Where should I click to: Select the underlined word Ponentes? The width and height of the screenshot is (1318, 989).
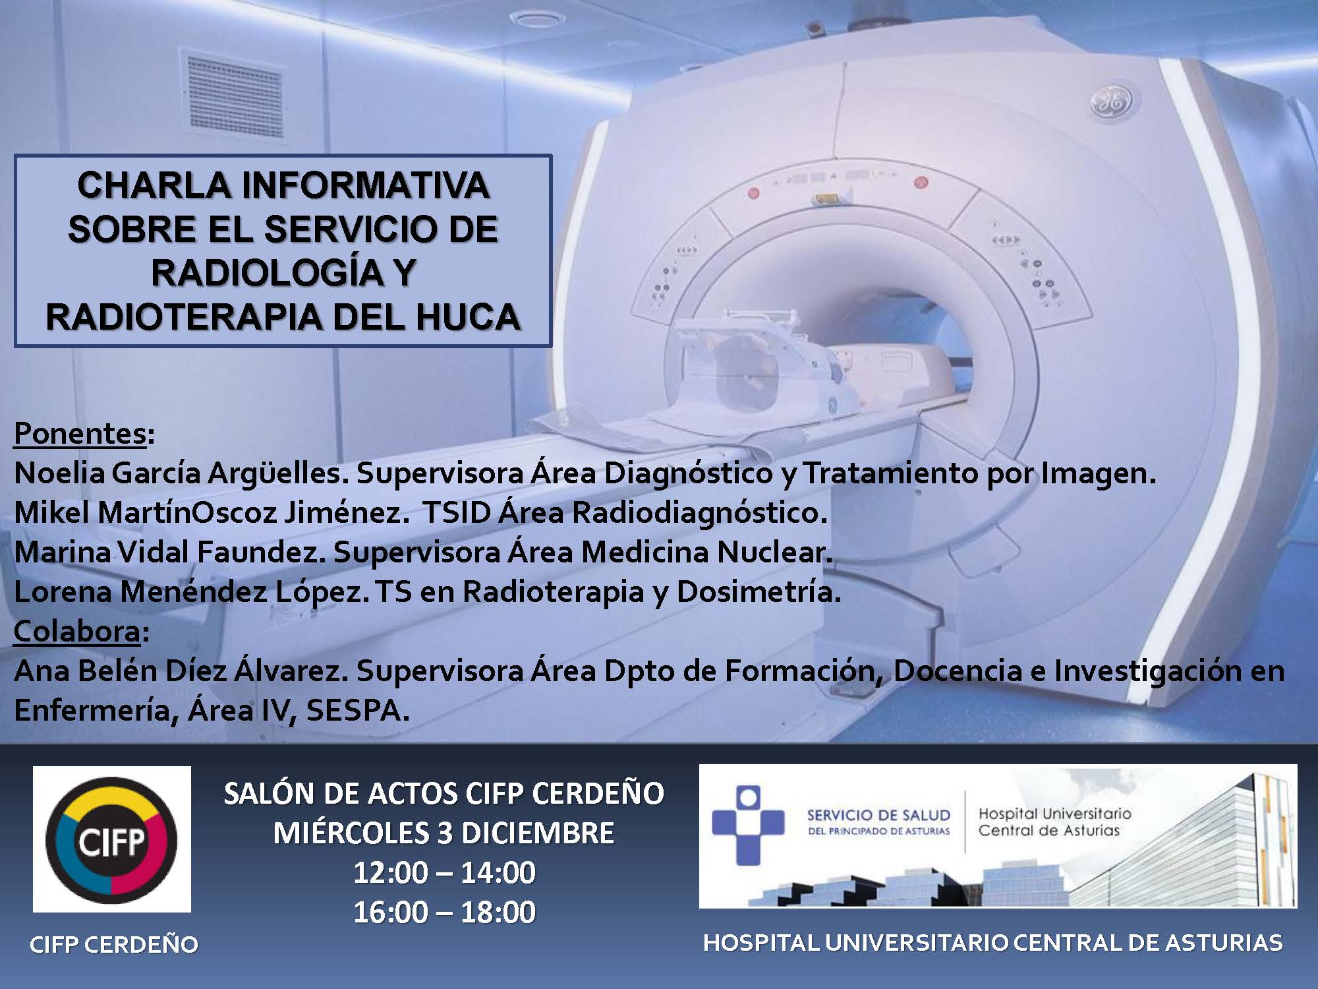pos(79,433)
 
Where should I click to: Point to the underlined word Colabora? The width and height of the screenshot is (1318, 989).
pos(76,631)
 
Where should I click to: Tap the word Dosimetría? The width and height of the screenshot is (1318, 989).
pos(759,592)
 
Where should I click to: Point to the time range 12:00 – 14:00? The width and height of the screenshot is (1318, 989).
pos(444,873)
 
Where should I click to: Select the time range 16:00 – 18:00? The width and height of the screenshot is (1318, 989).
pos(444,913)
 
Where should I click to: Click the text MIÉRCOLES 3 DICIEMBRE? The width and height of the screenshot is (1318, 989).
pos(444,833)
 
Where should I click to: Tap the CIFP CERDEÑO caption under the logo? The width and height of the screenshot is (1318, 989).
pos(114,945)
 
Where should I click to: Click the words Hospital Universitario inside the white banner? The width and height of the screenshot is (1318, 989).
pos(1054,814)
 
